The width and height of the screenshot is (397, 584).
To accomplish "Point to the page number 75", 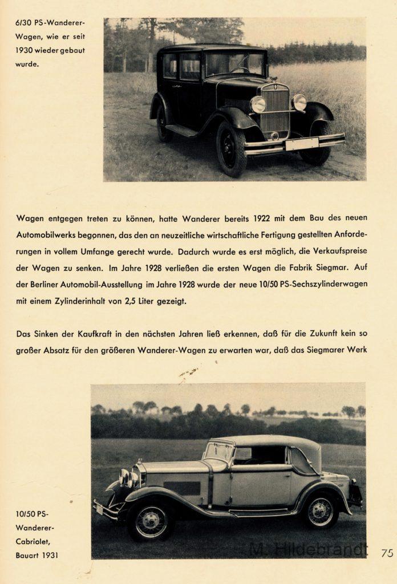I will (387, 552).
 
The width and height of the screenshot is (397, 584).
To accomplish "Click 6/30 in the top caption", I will (25, 23).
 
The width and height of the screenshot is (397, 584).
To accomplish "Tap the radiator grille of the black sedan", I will (276, 110).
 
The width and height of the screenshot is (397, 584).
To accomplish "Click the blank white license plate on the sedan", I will (302, 144).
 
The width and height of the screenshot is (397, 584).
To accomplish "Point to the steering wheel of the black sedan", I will (240, 70).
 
